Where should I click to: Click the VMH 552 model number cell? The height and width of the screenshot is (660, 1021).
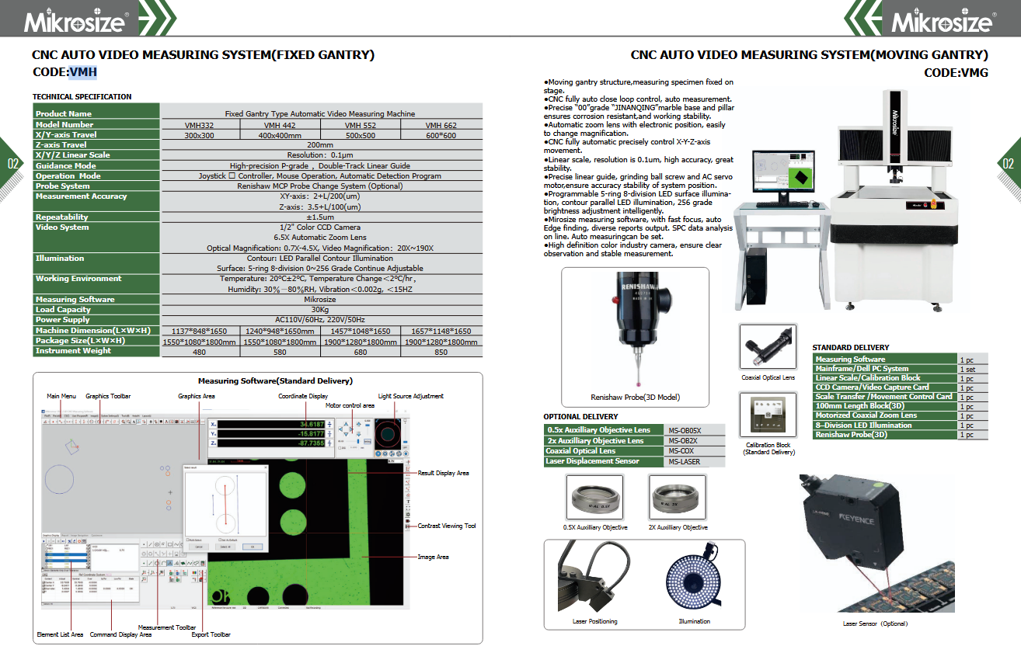tap(361, 125)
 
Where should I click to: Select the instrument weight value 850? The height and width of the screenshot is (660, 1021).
tap(441, 351)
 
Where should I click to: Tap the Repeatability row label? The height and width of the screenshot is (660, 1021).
tap(62, 217)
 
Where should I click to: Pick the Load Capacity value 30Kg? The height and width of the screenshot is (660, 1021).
tap(320, 310)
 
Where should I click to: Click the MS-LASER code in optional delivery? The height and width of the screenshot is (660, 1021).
tap(685, 462)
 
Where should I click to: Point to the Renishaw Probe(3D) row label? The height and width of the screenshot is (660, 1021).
tap(850, 435)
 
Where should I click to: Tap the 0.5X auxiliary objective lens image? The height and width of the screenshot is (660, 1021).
tap(595, 497)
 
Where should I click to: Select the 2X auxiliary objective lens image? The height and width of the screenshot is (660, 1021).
tap(678, 497)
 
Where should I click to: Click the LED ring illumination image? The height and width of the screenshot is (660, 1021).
tap(693, 578)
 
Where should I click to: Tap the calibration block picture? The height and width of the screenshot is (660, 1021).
tap(768, 415)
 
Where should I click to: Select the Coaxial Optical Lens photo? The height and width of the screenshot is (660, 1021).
tap(768, 347)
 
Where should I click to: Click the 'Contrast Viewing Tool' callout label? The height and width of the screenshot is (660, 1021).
tap(447, 526)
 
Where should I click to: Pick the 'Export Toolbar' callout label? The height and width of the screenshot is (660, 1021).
tap(211, 635)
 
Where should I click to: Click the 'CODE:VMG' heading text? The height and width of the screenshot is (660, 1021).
tap(956, 72)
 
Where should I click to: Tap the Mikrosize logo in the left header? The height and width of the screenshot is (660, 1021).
tap(75, 20)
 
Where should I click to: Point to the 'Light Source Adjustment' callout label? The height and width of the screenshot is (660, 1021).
tap(411, 397)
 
